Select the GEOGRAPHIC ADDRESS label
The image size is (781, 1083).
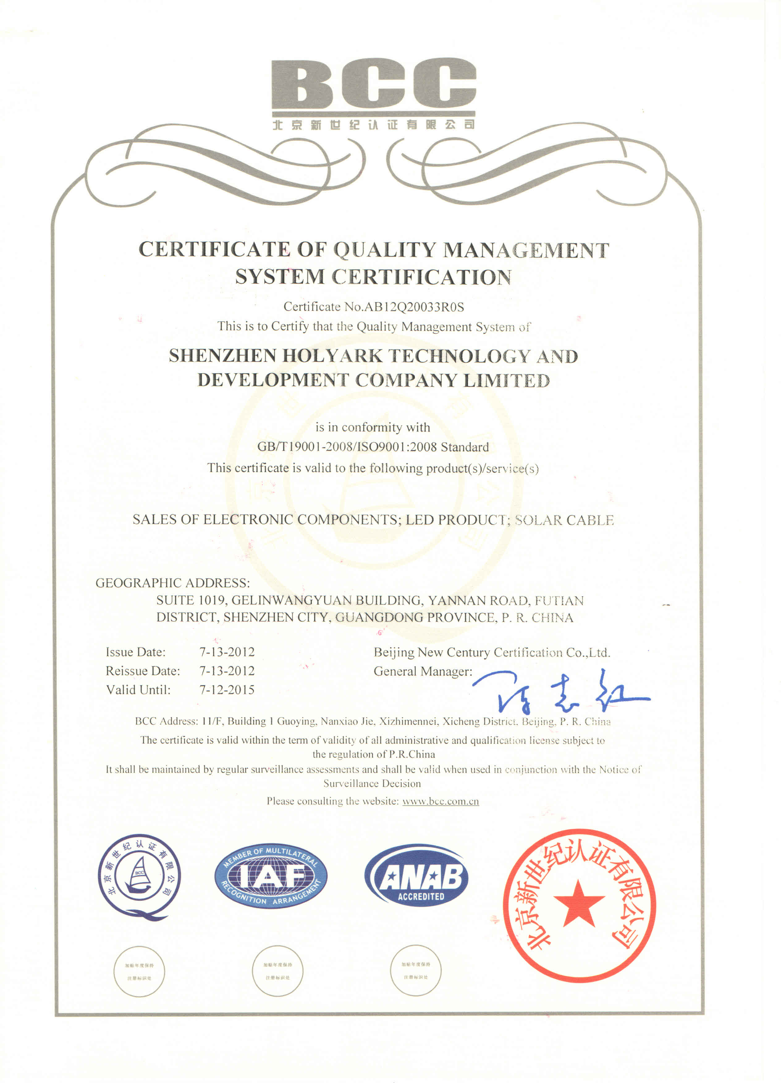172,583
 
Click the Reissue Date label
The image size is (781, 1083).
143,671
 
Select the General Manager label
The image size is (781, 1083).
423,671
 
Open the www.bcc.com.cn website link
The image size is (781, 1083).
440,801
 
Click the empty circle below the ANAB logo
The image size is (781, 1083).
415,970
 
